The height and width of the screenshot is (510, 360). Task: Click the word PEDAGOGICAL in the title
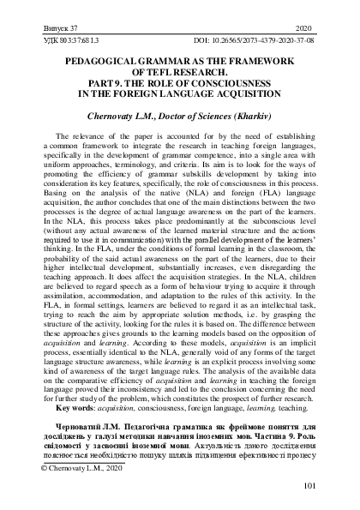click(102, 63)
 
